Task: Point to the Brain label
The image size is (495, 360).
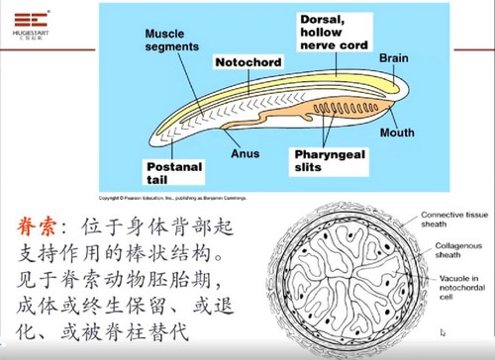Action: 393,59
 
